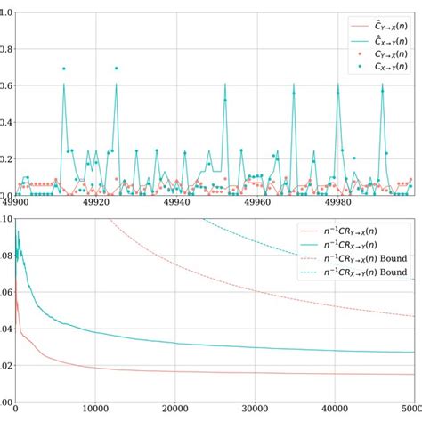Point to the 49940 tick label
pos(177,203)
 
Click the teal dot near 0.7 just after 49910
pos(64,69)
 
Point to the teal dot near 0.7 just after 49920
pos(115,68)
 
